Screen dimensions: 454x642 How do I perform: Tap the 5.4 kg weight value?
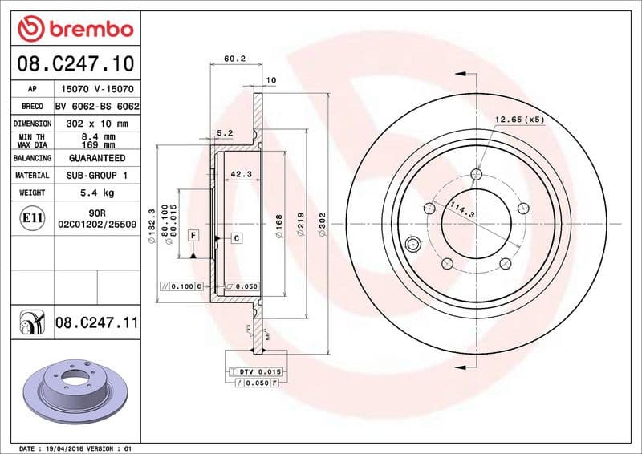point(96,193)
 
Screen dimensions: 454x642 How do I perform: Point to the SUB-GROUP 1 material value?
point(96,175)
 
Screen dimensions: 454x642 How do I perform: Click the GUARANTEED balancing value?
point(96,158)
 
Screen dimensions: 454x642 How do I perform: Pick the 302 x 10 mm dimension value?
point(96,124)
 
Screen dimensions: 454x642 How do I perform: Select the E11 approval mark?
point(33,217)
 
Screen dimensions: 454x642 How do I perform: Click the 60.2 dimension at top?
point(234,58)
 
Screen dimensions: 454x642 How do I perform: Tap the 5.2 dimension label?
point(225,133)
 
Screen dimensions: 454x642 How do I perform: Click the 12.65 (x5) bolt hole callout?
point(519,120)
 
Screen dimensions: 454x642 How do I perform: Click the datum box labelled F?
point(193,235)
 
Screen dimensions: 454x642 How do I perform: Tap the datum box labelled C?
point(238,238)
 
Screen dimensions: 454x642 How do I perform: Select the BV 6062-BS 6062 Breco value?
point(97,106)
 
